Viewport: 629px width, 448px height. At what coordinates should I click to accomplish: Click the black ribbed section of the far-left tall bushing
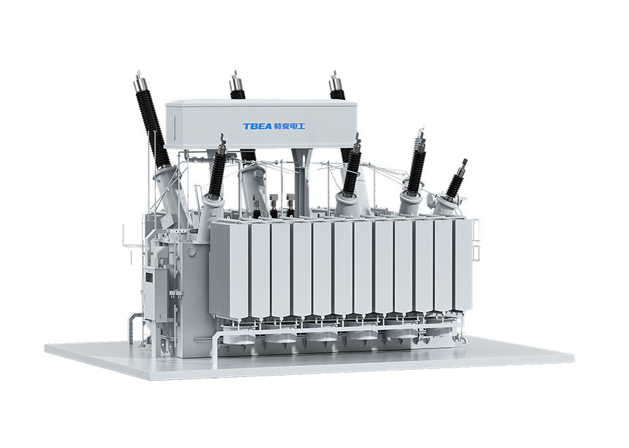click(x=155, y=128)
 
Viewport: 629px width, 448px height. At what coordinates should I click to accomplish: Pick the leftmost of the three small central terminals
click(x=257, y=206)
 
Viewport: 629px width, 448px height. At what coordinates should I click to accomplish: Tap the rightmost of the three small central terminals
click(x=290, y=205)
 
